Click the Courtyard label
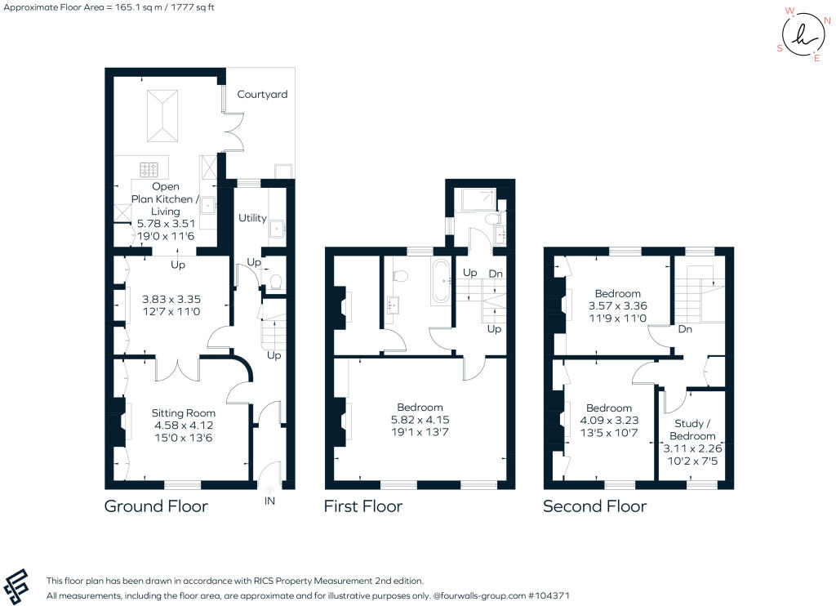click(x=262, y=95)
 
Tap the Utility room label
click(x=252, y=218)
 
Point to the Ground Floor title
click(x=156, y=506)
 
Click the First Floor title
click(x=362, y=506)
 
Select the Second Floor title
click(x=594, y=506)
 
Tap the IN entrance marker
click(x=269, y=501)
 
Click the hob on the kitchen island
click(x=149, y=170)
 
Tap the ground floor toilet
click(x=276, y=282)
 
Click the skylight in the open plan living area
click(x=163, y=114)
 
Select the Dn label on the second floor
click(x=685, y=330)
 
